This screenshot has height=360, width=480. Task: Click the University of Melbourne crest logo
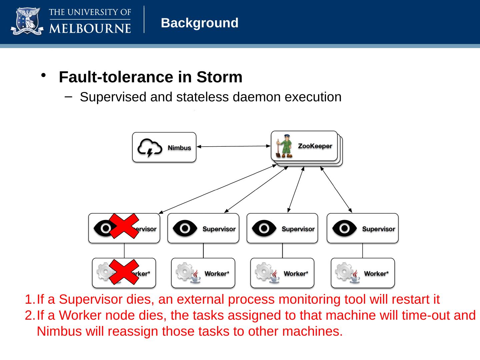27,22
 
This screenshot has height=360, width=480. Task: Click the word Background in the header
199,23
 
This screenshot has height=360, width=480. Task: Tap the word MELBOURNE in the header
90,28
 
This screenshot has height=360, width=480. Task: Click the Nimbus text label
179,148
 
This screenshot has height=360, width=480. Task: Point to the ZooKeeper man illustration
285,146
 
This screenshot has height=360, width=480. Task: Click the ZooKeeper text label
315,146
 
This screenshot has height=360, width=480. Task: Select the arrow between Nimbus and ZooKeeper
233,146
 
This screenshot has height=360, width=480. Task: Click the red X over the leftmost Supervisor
124,226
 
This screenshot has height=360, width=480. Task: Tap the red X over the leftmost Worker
124,272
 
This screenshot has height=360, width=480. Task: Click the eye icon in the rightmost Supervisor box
344,228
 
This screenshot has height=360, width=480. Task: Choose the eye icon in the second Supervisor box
185,228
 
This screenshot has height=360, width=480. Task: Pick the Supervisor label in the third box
298,229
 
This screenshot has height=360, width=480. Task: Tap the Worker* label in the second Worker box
217,274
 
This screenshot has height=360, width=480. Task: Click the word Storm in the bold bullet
219,77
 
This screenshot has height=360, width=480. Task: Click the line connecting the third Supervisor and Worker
282,250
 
